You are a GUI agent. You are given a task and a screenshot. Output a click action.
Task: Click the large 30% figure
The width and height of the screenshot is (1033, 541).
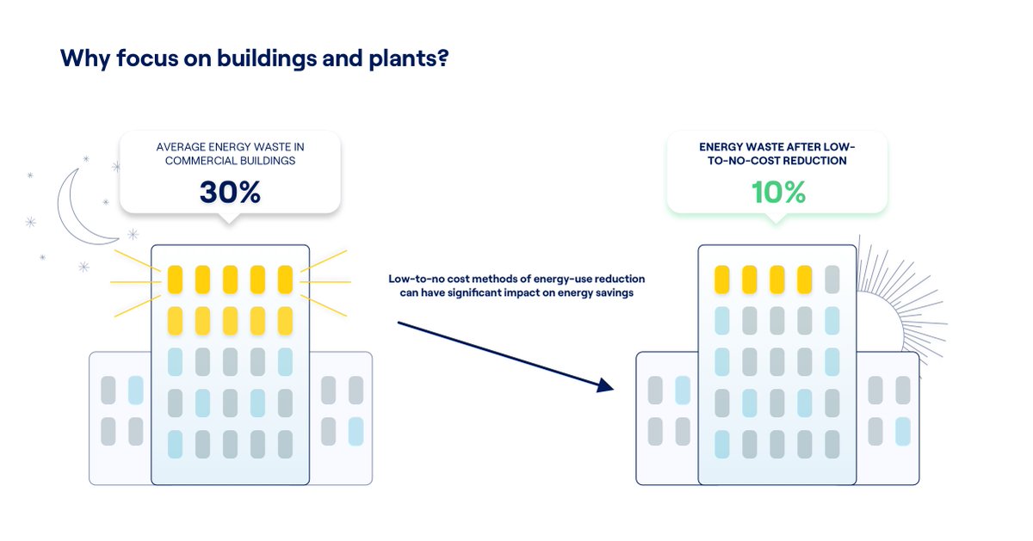pyautogui.click(x=230, y=192)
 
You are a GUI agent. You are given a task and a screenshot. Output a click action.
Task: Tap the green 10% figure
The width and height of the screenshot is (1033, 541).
pyautogui.click(x=778, y=192)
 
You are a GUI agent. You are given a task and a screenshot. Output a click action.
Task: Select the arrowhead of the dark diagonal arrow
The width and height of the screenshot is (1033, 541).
pyautogui.click(x=605, y=386)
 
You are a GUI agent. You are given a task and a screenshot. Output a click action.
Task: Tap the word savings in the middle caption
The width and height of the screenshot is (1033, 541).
pyautogui.click(x=613, y=293)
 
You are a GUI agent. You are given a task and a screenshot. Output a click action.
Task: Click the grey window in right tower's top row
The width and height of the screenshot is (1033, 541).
pyautogui.click(x=832, y=280)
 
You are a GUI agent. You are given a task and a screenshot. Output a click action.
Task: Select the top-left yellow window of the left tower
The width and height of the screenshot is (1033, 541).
pyautogui.click(x=175, y=280)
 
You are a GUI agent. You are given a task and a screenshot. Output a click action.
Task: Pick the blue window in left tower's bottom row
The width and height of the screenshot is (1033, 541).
pyautogui.click(x=175, y=444)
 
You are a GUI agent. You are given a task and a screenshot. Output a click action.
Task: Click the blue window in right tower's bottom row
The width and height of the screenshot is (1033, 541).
pyautogui.click(x=721, y=444)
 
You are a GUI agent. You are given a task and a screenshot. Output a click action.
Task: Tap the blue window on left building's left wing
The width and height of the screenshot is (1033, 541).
pyautogui.click(x=135, y=390)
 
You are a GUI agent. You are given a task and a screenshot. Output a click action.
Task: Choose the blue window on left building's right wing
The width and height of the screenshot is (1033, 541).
pyautogui.click(x=356, y=430)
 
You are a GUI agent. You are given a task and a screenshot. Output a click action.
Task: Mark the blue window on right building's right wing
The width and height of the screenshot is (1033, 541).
pyautogui.click(x=902, y=430)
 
